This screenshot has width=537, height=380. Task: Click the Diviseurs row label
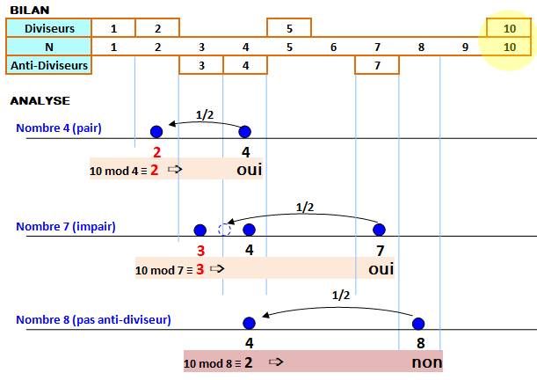pyautogui.click(x=49, y=28)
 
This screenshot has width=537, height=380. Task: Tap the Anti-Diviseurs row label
pyautogui.click(x=49, y=64)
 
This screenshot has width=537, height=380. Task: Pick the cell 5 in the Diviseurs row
pyautogui.click(x=289, y=28)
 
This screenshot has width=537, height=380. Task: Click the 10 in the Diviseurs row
pyautogui.click(x=510, y=28)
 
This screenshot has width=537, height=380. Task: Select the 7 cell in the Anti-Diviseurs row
pyautogui.click(x=377, y=64)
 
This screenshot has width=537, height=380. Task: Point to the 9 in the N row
pyautogui.click(x=465, y=47)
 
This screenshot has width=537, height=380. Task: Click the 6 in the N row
pyautogui.click(x=333, y=47)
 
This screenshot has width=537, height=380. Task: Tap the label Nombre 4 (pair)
pyautogui.click(x=58, y=128)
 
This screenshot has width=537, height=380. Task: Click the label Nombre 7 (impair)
pyautogui.click(x=65, y=226)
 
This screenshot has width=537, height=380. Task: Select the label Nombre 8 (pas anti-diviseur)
pyautogui.click(x=93, y=319)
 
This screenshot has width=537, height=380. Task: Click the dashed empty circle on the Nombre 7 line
pyautogui.click(x=224, y=230)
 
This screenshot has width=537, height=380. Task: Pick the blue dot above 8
pyautogui.click(x=418, y=323)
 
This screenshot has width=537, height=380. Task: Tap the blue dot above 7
pyautogui.click(x=379, y=230)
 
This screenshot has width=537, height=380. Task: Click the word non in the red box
pyautogui.click(x=426, y=361)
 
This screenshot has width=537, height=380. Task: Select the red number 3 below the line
pyautogui.click(x=200, y=250)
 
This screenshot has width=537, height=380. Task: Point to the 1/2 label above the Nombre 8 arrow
pyautogui.click(x=342, y=296)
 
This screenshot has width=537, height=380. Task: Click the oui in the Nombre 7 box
pyautogui.click(x=381, y=268)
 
